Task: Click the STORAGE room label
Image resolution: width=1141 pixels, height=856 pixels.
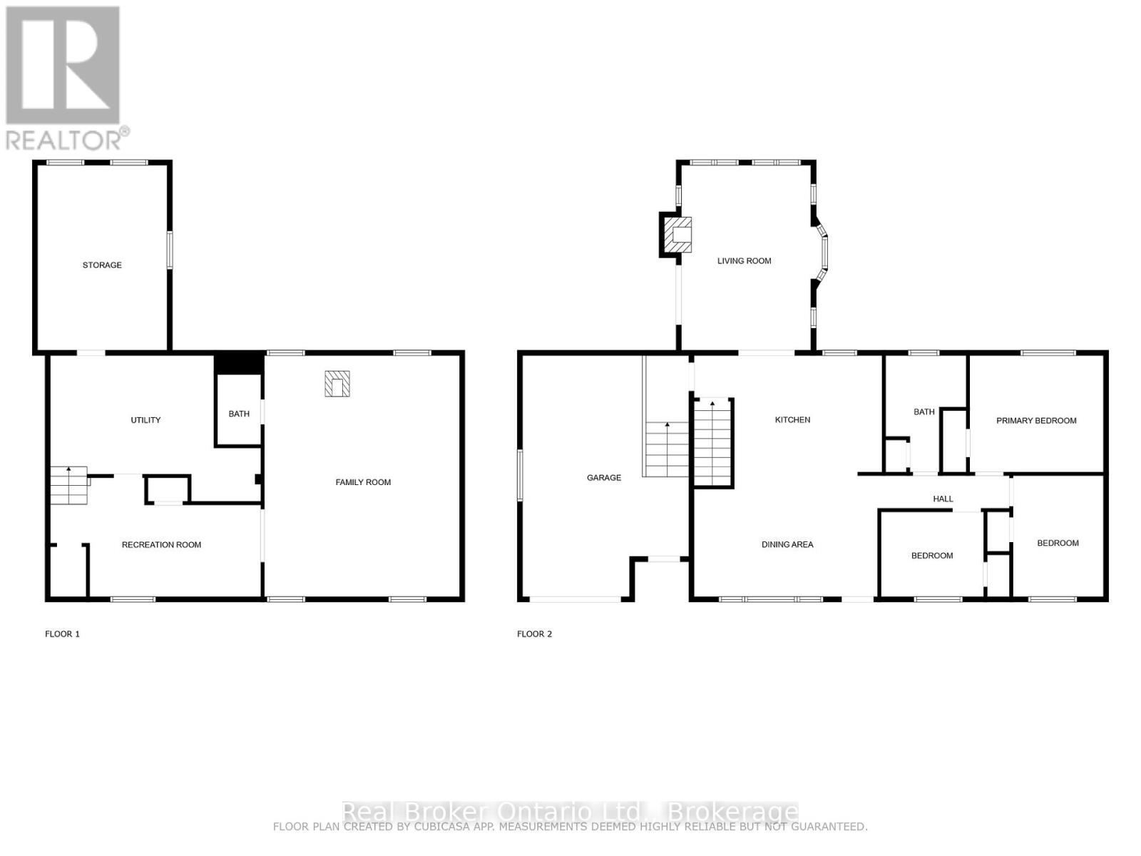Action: [102, 265]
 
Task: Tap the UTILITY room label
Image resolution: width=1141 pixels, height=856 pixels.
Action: [145, 420]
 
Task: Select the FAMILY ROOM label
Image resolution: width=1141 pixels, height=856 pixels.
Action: [363, 482]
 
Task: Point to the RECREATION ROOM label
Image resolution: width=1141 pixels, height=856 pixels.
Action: [161, 545]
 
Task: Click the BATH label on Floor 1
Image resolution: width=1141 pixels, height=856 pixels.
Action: [239, 414]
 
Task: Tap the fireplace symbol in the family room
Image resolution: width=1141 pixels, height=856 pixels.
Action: [337, 384]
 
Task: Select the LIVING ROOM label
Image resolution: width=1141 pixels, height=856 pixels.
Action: [744, 261]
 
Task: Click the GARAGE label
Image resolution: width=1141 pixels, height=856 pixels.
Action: [604, 478]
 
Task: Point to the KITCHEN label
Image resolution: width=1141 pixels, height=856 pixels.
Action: [792, 420]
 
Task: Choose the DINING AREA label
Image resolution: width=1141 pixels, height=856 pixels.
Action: [787, 545]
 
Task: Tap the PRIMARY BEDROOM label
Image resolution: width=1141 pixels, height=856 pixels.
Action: [1036, 421]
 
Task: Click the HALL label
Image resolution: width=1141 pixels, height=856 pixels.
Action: [943, 499]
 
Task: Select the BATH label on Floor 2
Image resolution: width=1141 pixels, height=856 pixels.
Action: [923, 412]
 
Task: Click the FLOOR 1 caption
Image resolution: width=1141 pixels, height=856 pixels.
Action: [63, 634]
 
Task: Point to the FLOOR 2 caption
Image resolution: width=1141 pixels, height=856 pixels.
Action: [535, 634]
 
